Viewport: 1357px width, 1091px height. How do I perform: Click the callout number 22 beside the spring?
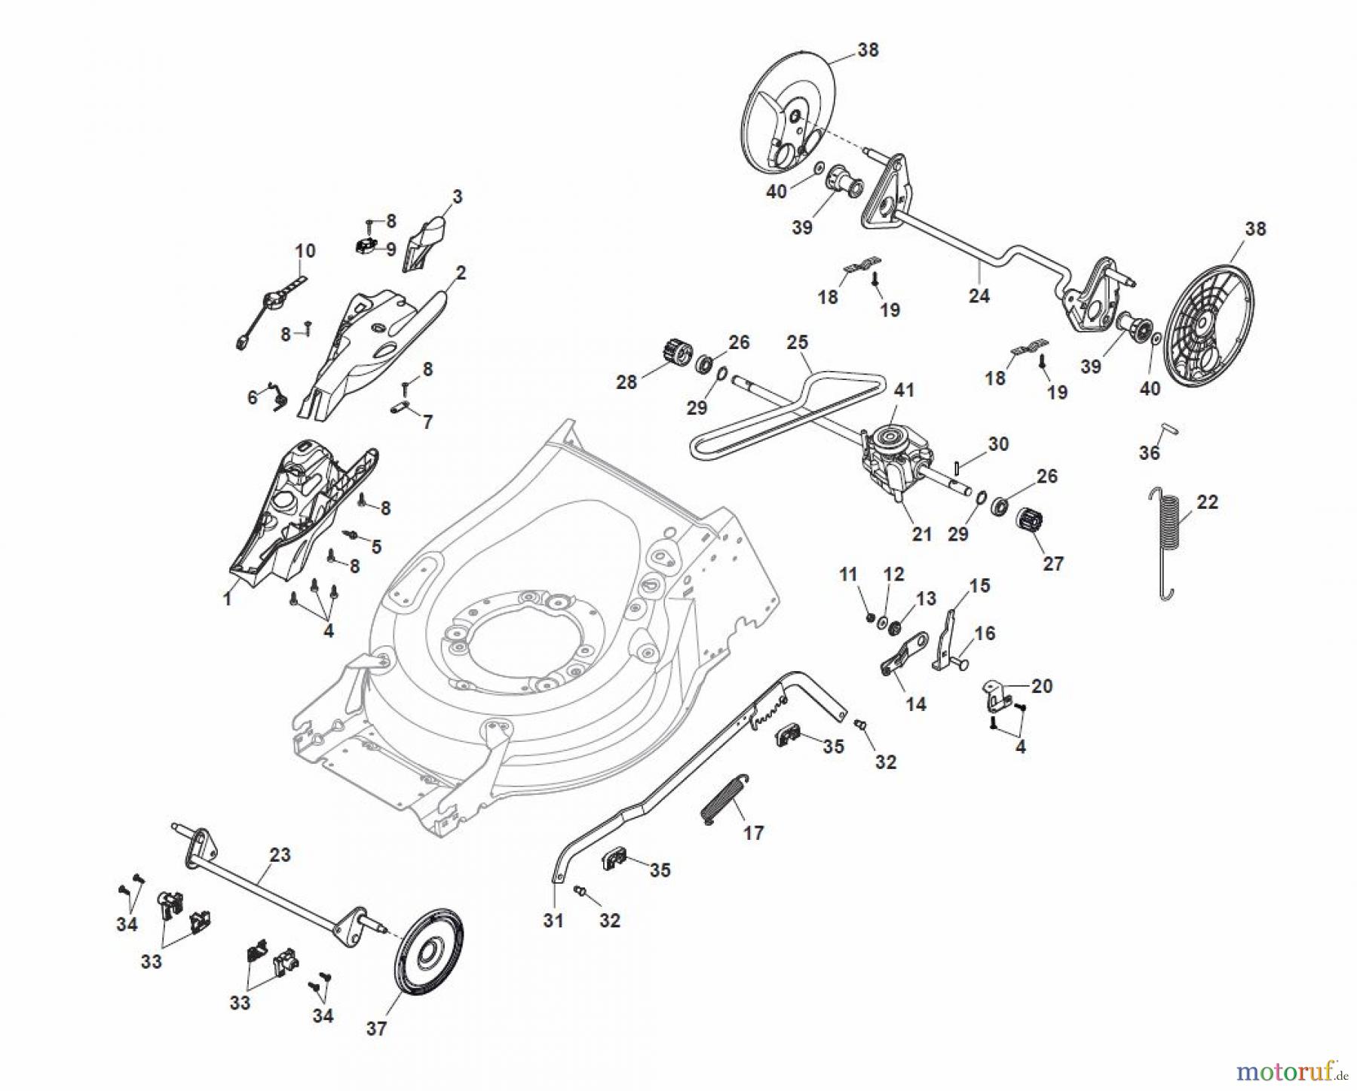1207,502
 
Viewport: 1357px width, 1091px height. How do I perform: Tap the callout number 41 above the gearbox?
904,391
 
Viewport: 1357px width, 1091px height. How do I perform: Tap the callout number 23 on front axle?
280,855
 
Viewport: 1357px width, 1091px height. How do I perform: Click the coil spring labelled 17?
722,802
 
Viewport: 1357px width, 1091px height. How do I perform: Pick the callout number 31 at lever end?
553,921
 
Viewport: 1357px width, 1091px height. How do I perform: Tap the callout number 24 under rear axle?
979,296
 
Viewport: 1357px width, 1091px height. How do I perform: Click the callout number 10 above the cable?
305,250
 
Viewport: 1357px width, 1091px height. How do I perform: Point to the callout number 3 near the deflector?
457,197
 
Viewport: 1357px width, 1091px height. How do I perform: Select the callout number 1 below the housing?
227,599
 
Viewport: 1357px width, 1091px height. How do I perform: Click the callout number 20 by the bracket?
1042,686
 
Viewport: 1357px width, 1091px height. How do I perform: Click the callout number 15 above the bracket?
979,586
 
